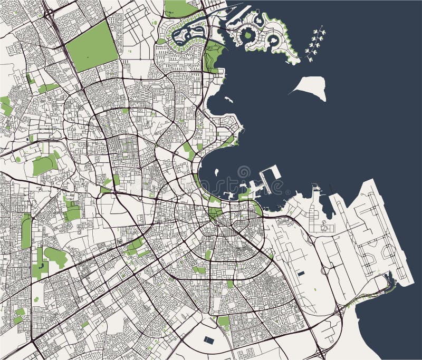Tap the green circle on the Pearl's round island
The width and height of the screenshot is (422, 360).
click(x=247, y=35)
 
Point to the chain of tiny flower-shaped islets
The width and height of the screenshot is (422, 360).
click(x=315, y=44)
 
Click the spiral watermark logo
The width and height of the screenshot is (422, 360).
click(x=244, y=172)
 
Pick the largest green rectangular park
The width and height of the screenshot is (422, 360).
click(x=92, y=46)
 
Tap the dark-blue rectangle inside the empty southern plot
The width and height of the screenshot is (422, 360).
click(x=209, y=340)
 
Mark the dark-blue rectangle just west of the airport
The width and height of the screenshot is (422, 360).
click(x=301, y=273)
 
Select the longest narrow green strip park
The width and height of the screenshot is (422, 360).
click(x=26, y=232)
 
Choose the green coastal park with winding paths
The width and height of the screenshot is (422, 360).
click(x=213, y=55)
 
